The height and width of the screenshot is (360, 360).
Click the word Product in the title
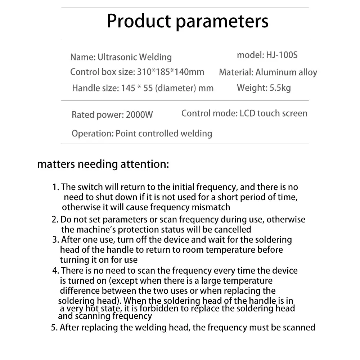click(x=138, y=21)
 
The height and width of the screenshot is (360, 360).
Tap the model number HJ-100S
click(x=282, y=55)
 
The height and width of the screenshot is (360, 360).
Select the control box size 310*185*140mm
click(x=171, y=72)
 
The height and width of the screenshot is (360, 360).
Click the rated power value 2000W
click(x=139, y=115)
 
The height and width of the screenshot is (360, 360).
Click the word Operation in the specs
click(x=92, y=134)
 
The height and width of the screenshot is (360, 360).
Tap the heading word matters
click(x=56, y=165)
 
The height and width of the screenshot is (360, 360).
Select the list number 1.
click(x=55, y=187)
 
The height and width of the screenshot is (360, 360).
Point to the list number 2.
click(x=54, y=219)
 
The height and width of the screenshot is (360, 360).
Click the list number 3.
click(x=55, y=240)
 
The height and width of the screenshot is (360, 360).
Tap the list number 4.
click(x=55, y=271)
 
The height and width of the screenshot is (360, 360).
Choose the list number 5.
click(x=54, y=328)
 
